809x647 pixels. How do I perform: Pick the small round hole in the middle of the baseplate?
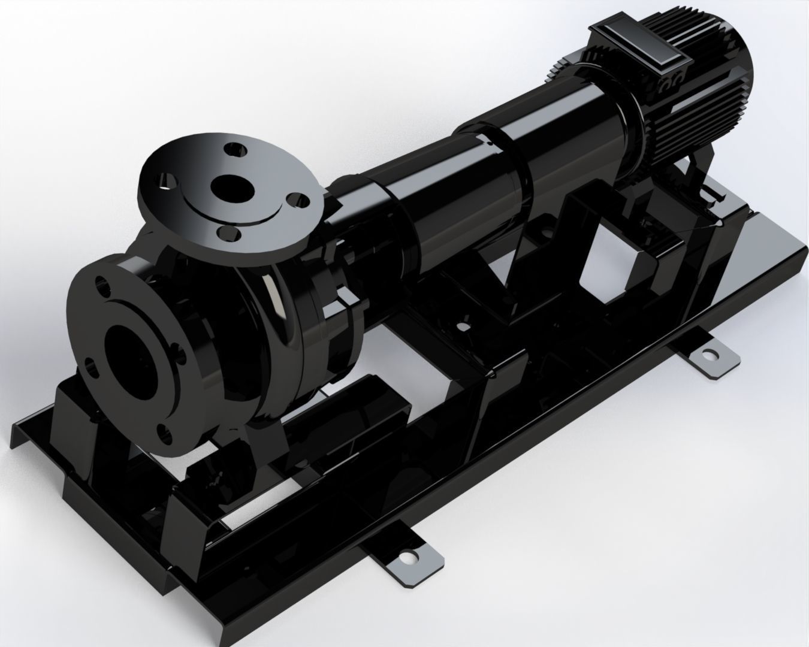[462, 326]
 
